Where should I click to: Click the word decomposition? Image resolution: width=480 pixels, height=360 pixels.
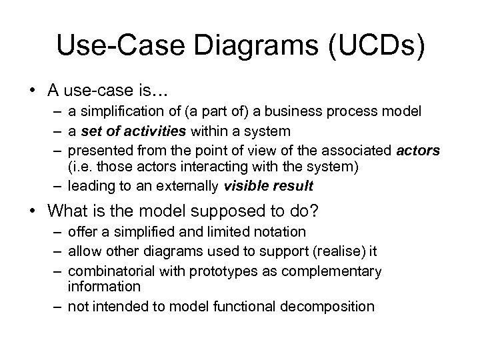[x=329, y=306]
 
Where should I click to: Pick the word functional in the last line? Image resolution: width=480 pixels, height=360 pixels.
[x=248, y=306]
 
